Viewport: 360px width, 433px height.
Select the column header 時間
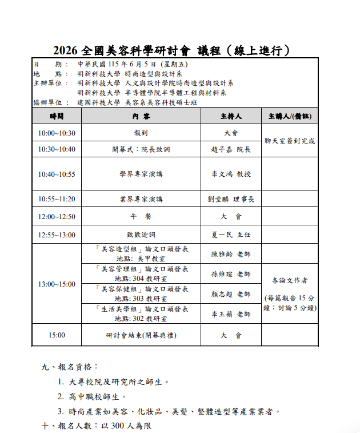(57, 116)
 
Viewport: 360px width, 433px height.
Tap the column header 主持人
(231, 116)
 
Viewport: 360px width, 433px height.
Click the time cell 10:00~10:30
(57, 133)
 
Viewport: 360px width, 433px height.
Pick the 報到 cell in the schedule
(141, 133)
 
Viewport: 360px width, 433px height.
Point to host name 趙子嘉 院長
(231, 149)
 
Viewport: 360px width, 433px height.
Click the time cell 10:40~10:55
(57, 174)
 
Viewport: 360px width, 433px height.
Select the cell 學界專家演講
(141, 174)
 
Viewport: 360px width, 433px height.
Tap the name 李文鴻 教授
(231, 174)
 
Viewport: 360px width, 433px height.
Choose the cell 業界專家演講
(141, 199)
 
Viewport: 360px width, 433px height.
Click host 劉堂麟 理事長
(231, 199)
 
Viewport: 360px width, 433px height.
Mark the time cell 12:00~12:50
(57, 217)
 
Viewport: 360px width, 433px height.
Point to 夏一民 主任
(231, 235)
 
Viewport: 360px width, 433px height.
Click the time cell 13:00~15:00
(57, 284)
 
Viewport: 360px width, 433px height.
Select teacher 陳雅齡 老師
(231, 254)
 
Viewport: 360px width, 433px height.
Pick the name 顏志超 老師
(231, 294)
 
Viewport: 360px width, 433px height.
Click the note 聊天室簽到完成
(290, 141)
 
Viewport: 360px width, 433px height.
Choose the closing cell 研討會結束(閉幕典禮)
(141, 335)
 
